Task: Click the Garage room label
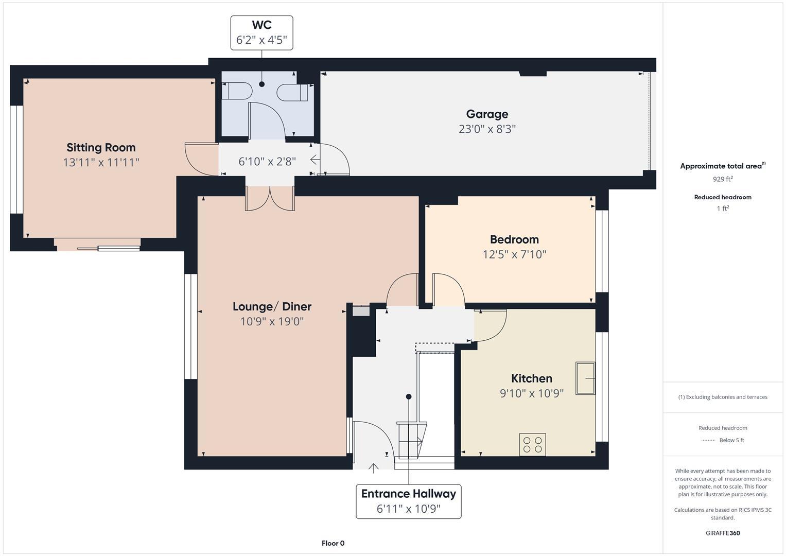point(487,114)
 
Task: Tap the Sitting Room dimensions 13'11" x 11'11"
point(101,163)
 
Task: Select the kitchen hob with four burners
point(532,444)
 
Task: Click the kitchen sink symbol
point(585,379)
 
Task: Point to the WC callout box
point(261,32)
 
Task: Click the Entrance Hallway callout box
point(408,501)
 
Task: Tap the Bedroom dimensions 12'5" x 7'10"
point(514,254)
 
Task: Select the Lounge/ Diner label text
point(272,307)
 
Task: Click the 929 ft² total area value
point(722,179)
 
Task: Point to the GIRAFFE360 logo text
point(722,533)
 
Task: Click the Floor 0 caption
point(333,543)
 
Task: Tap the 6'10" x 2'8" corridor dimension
point(267,162)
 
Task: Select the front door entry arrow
point(373,467)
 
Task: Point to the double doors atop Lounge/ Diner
point(270,199)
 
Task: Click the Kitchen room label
point(531,378)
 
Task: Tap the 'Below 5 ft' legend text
point(731,440)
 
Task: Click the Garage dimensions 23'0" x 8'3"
point(487,129)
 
